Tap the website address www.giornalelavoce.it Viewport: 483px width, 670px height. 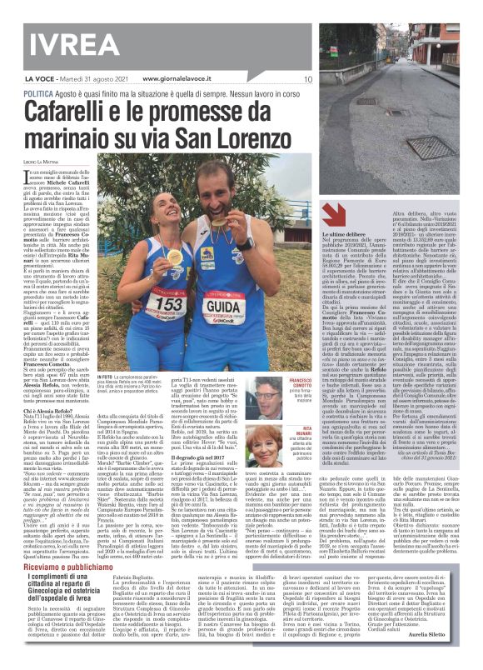click(x=166, y=79)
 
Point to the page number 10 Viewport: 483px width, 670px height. click(x=307, y=80)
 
